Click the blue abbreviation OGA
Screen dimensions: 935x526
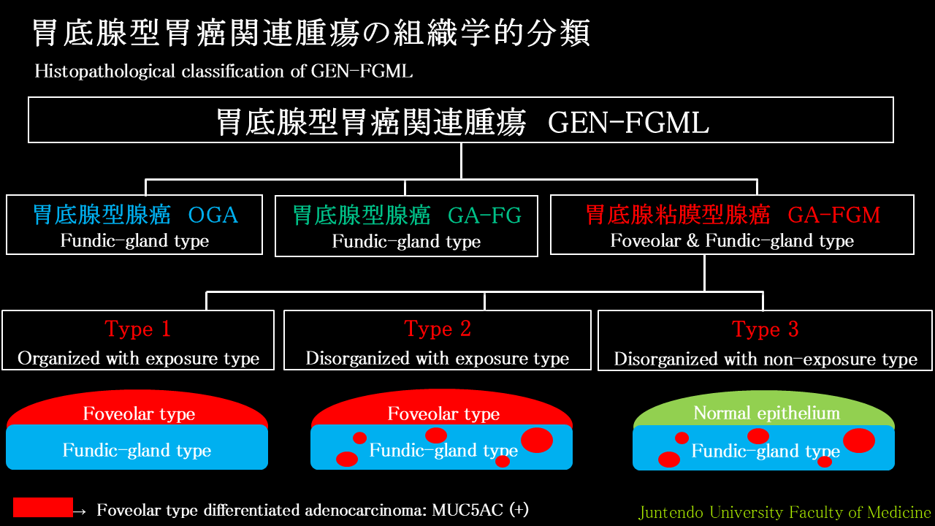[x=213, y=216]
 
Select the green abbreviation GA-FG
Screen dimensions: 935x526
[x=484, y=216]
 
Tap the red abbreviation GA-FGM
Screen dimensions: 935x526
[x=834, y=216]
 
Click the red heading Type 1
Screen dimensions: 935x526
[x=138, y=329]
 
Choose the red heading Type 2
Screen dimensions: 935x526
[x=438, y=329]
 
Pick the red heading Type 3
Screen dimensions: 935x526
[x=765, y=329]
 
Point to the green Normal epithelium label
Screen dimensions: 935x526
[x=767, y=413]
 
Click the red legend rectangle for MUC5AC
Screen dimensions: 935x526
[x=43, y=507]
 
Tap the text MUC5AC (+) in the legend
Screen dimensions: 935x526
[x=481, y=510]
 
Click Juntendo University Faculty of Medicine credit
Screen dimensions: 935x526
[x=785, y=512]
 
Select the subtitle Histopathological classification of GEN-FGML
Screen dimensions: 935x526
[x=224, y=72]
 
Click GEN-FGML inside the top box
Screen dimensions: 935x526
[x=629, y=123]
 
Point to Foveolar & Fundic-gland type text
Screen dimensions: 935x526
[x=732, y=241]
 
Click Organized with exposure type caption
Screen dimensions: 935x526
[x=139, y=359]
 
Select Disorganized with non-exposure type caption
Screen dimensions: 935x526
[x=766, y=359]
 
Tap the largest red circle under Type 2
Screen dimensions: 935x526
[x=537, y=440]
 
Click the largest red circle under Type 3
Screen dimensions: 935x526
[x=859, y=441]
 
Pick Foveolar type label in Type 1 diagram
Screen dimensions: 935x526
[x=139, y=414]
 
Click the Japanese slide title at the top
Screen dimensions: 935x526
[x=311, y=33]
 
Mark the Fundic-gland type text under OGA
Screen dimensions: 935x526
[x=134, y=241]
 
